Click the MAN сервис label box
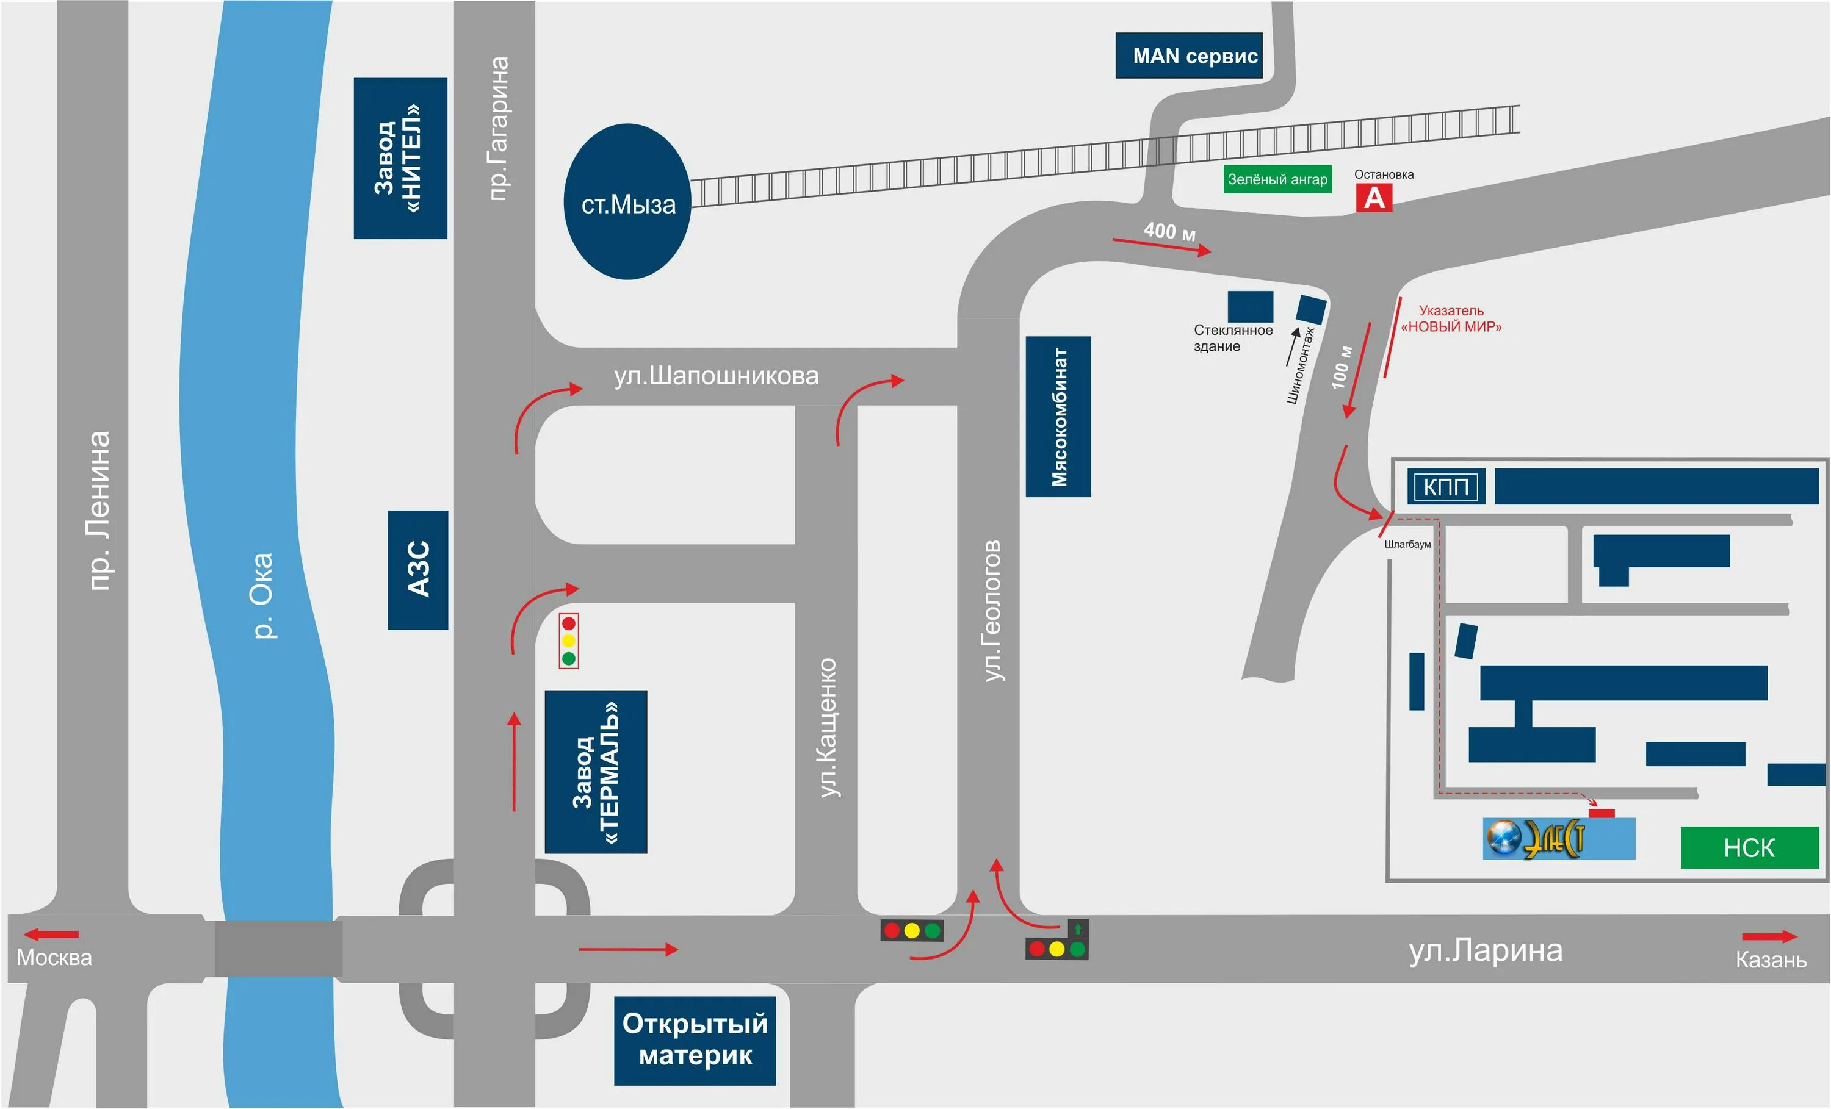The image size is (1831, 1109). pos(1188,56)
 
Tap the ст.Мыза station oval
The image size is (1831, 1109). pos(628,202)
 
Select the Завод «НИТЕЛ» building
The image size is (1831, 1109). pos(400,158)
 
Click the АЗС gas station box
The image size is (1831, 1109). pos(417,570)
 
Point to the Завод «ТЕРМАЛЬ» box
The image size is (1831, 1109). pos(596,772)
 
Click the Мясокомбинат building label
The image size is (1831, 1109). pos(1058,417)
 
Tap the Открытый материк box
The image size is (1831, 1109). pos(694,1040)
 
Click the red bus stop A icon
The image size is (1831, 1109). pos(1374,198)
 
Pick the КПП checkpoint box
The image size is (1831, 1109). pos(1446,487)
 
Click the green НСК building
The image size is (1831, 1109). pos(1749,847)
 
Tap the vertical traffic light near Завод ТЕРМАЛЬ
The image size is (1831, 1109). pos(568,641)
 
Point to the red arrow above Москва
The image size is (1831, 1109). pos(51,935)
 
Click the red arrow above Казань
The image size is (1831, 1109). pos(1769,936)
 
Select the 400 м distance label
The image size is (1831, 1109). pos(1169,231)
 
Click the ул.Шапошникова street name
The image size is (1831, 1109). pos(715,376)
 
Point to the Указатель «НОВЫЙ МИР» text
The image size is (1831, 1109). pos(1451,318)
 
